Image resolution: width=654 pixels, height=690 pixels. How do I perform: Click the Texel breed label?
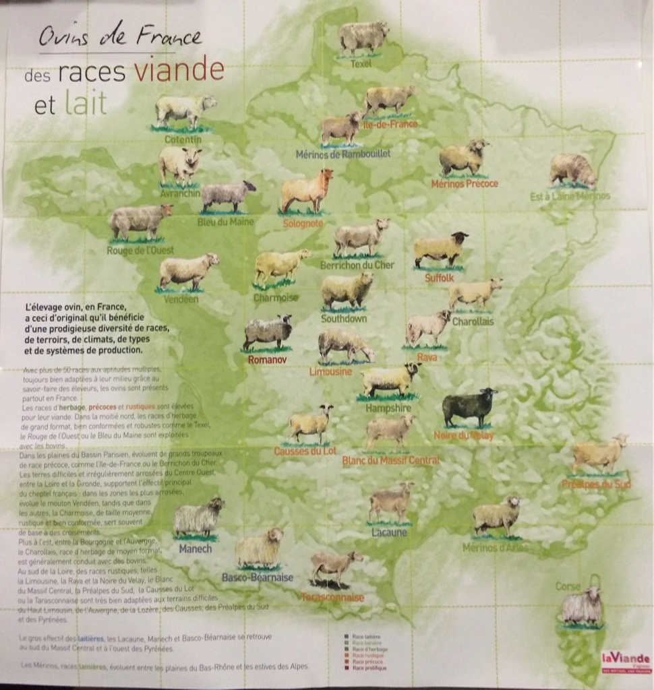pyautogui.click(x=361, y=64)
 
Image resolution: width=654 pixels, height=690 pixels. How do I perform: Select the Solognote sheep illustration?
pyautogui.click(x=307, y=190)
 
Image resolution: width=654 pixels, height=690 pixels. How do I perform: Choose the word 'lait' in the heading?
pyautogui.click(x=86, y=104)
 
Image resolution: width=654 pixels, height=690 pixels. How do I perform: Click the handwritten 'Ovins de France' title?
pyautogui.click(x=119, y=36)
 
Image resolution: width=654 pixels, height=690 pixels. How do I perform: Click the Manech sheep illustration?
pyautogui.click(x=198, y=517)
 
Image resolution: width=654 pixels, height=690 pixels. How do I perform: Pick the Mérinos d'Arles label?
pyautogui.click(x=496, y=547)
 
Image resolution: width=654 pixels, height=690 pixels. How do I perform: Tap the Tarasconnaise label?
pyautogui.click(x=332, y=597)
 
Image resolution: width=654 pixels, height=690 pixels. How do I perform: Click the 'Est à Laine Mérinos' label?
pyautogui.click(x=569, y=196)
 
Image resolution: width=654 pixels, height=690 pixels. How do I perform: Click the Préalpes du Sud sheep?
pyautogui.click(x=599, y=453)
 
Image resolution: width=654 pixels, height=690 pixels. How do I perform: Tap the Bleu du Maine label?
pyautogui.click(x=225, y=221)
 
